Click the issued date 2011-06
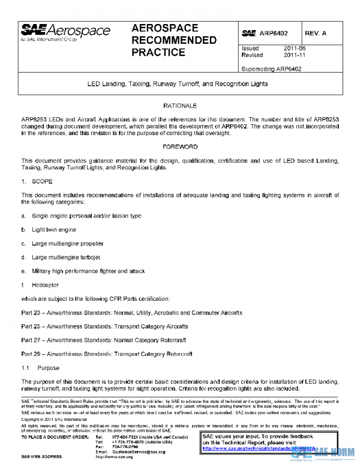[x=290, y=48]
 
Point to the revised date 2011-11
[x=290, y=55]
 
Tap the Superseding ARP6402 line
[x=271, y=68]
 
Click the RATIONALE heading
[x=180, y=106]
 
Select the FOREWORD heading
[x=180, y=147]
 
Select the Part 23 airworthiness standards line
[x=131, y=313]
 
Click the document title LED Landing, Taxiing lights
[x=180, y=85]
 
